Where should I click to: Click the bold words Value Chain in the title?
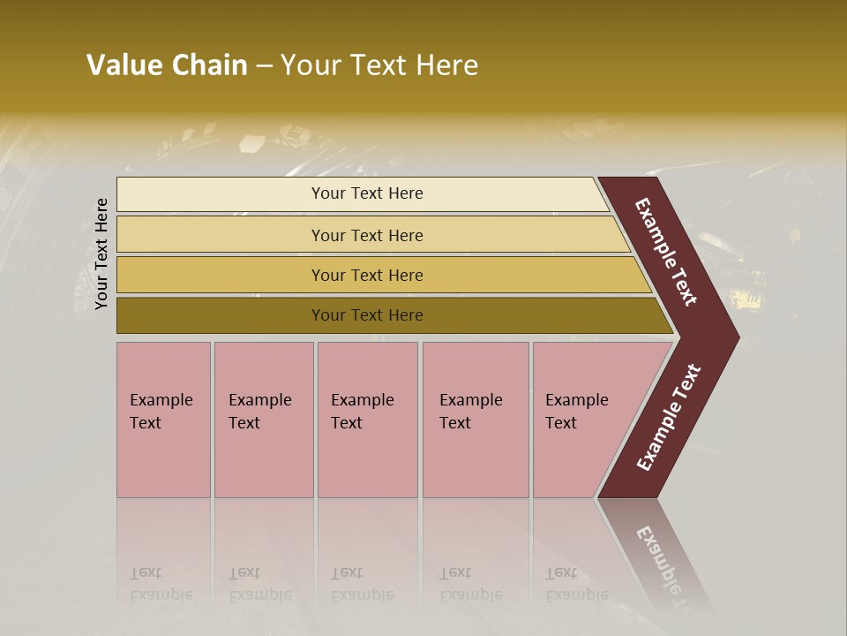[167, 65]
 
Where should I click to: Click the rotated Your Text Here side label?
[101, 254]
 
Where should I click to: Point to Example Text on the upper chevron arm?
[666, 252]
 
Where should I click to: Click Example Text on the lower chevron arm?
[669, 417]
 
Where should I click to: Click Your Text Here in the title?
[379, 65]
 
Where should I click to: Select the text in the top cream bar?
[367, 193]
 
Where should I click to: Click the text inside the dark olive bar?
[367, 315]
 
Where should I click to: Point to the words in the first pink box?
[161, 411]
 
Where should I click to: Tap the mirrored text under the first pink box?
[161, 584]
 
